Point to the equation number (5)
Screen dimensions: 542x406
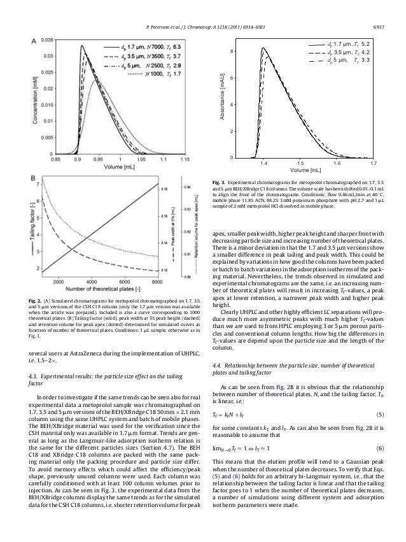[377, 414]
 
